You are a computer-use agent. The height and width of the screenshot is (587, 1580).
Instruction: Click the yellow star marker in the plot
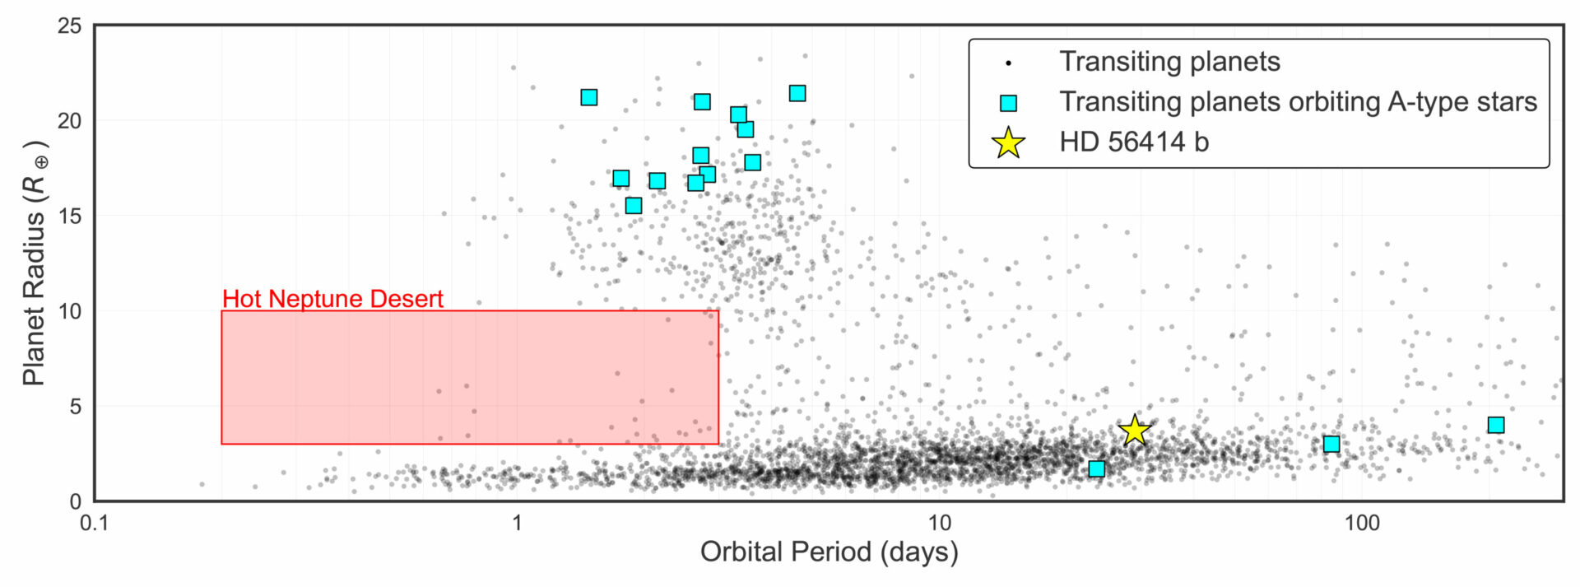(1135, 430)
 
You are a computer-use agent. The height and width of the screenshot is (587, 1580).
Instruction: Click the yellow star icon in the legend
(1008, 142)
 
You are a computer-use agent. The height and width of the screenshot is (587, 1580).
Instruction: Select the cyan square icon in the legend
(1008, 102)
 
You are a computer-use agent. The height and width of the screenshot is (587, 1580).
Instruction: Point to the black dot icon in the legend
(1008, 63)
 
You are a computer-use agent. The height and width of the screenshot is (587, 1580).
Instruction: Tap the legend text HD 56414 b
(1134, 142)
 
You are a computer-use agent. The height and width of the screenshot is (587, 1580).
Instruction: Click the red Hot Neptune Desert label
(332, 298)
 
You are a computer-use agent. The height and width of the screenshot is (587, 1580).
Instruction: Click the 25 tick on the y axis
(70, 26)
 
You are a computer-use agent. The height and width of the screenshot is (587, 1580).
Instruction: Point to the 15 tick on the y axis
(70, 216)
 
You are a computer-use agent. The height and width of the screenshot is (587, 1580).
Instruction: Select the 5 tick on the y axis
(76, 406)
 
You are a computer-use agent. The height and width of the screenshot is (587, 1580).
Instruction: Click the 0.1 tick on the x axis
(94, 524)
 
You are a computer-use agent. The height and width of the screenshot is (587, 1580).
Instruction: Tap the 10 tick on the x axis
(939, 524)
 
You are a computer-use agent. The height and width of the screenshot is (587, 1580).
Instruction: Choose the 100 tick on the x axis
(1362, 524)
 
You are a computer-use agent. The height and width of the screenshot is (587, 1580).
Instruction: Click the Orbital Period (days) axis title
(829, 551)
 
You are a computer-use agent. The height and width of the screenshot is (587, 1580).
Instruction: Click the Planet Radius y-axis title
(35, 263)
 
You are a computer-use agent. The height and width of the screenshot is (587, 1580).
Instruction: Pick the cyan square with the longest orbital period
(1496, 425)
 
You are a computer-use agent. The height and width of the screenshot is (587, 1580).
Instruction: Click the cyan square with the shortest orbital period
(589, 97)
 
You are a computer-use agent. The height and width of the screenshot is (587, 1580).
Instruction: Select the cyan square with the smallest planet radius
(1097, 468)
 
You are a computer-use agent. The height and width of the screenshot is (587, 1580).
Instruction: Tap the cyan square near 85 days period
(1331, 444)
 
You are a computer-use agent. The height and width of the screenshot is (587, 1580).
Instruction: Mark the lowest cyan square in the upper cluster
(634, 205)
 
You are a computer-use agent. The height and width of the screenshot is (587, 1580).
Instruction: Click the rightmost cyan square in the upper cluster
(797, 93)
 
